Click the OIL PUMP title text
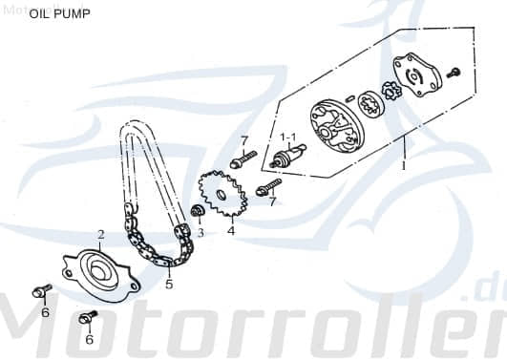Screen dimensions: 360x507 point(60,14)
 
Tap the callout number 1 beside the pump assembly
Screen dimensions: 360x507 point(404,164)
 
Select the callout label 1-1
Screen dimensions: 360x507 point(287,138)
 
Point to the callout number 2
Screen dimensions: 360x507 point(100,234)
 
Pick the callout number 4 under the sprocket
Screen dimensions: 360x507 point(230,229)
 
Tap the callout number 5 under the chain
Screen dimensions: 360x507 point(169,284)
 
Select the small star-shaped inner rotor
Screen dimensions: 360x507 point(390,93)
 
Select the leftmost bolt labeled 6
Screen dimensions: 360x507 point(42,289)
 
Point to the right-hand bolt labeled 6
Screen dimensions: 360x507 point(89,317)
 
